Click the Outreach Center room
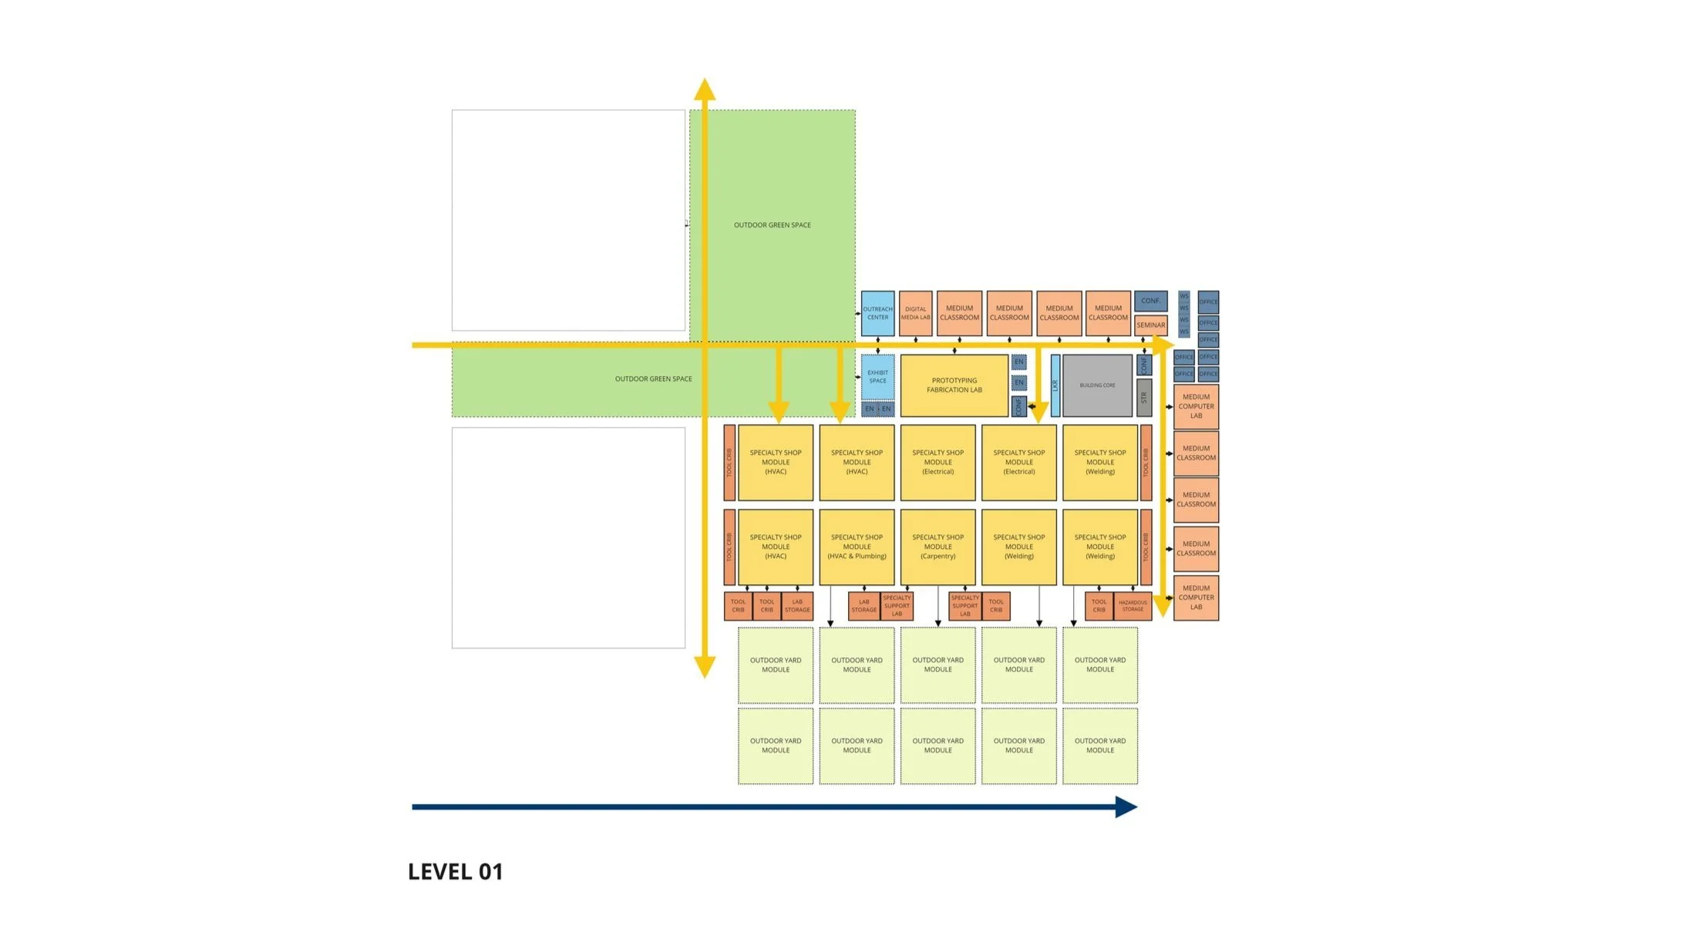(877, 313)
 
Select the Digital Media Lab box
(915, 313)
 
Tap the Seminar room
(1150, 325)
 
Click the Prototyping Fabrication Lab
(954, 385)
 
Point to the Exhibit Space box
(877, 376)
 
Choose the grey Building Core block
(1097, 385)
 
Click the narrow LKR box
(1055, 385)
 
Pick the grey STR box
(1144, 398)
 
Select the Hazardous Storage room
(1133, 606)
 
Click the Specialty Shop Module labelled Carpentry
(937, 547)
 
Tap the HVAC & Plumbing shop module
(857, 547)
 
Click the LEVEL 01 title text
(455, 872)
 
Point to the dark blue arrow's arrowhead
(1126, 807)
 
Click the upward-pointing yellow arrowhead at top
(704, 89)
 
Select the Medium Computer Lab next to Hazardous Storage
(1196, 597)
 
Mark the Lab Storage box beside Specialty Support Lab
(863, 606)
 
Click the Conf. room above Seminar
(1150, 301)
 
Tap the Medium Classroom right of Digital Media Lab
(959, 313)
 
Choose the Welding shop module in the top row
(1100, 463)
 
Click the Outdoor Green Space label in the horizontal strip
(653, 379)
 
